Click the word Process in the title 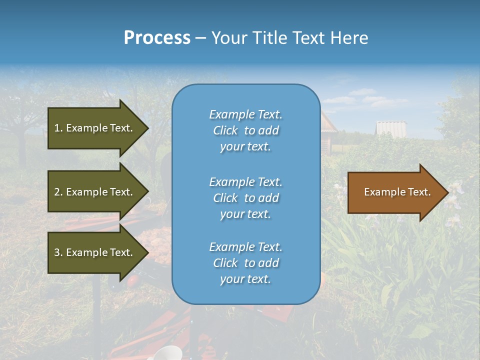tap(157, 38)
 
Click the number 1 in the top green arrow tap(57, 128)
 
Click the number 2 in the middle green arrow tap(57, 192)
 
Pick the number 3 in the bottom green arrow tap(57, 252)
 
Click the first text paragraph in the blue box tap(245, 130)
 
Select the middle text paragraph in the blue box tap(245, 198)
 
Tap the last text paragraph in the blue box tap(245, 263)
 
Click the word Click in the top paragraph tap(225, 130)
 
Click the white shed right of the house tap(391, 128)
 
